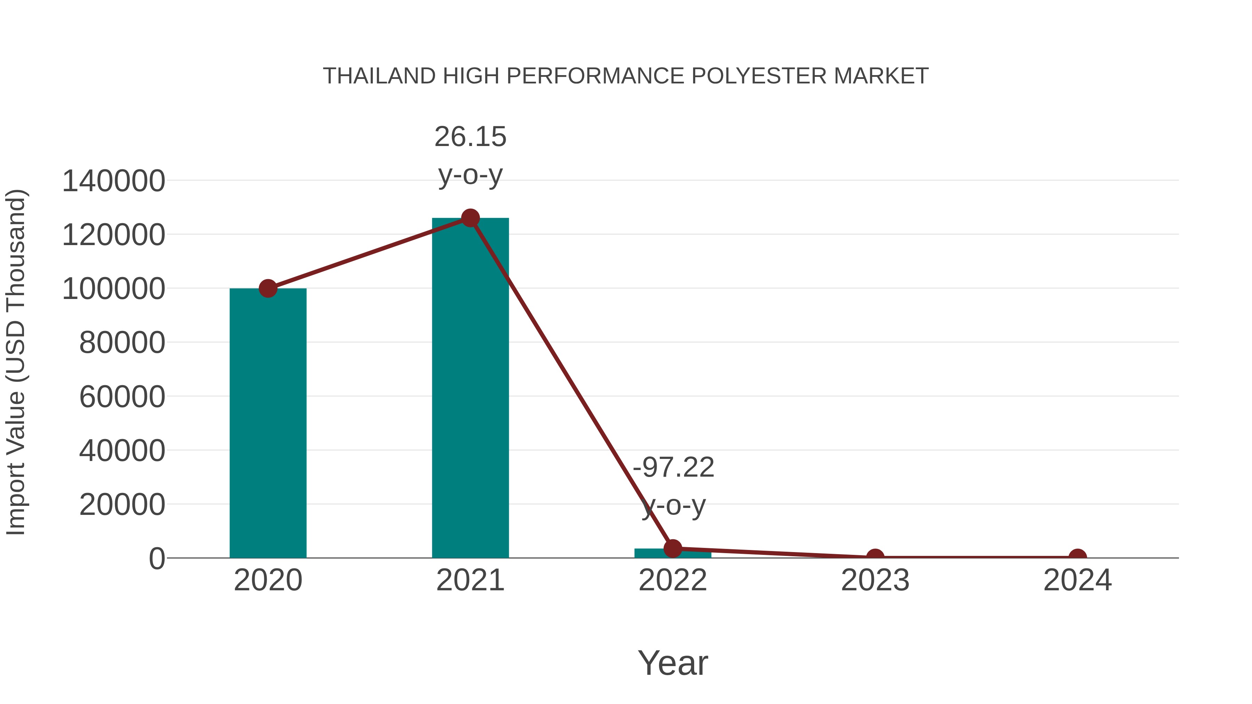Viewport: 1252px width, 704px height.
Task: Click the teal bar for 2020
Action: coord(268,423)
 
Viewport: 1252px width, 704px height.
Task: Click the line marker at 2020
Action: coord(268,288)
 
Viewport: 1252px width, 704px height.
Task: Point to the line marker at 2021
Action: coord(470,218)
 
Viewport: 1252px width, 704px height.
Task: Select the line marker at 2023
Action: coord(875,557)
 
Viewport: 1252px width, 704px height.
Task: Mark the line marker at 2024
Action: coord(1077,557)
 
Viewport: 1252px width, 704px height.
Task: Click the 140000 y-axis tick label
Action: coord(114,181)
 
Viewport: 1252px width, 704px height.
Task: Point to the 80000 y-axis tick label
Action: coord(122,343)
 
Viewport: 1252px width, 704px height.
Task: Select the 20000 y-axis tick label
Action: coord(122,505)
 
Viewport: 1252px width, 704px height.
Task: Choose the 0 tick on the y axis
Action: coord(157,559)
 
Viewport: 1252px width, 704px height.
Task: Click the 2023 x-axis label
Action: coord(875,580)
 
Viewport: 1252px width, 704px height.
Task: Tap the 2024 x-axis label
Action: coord(1077,580)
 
